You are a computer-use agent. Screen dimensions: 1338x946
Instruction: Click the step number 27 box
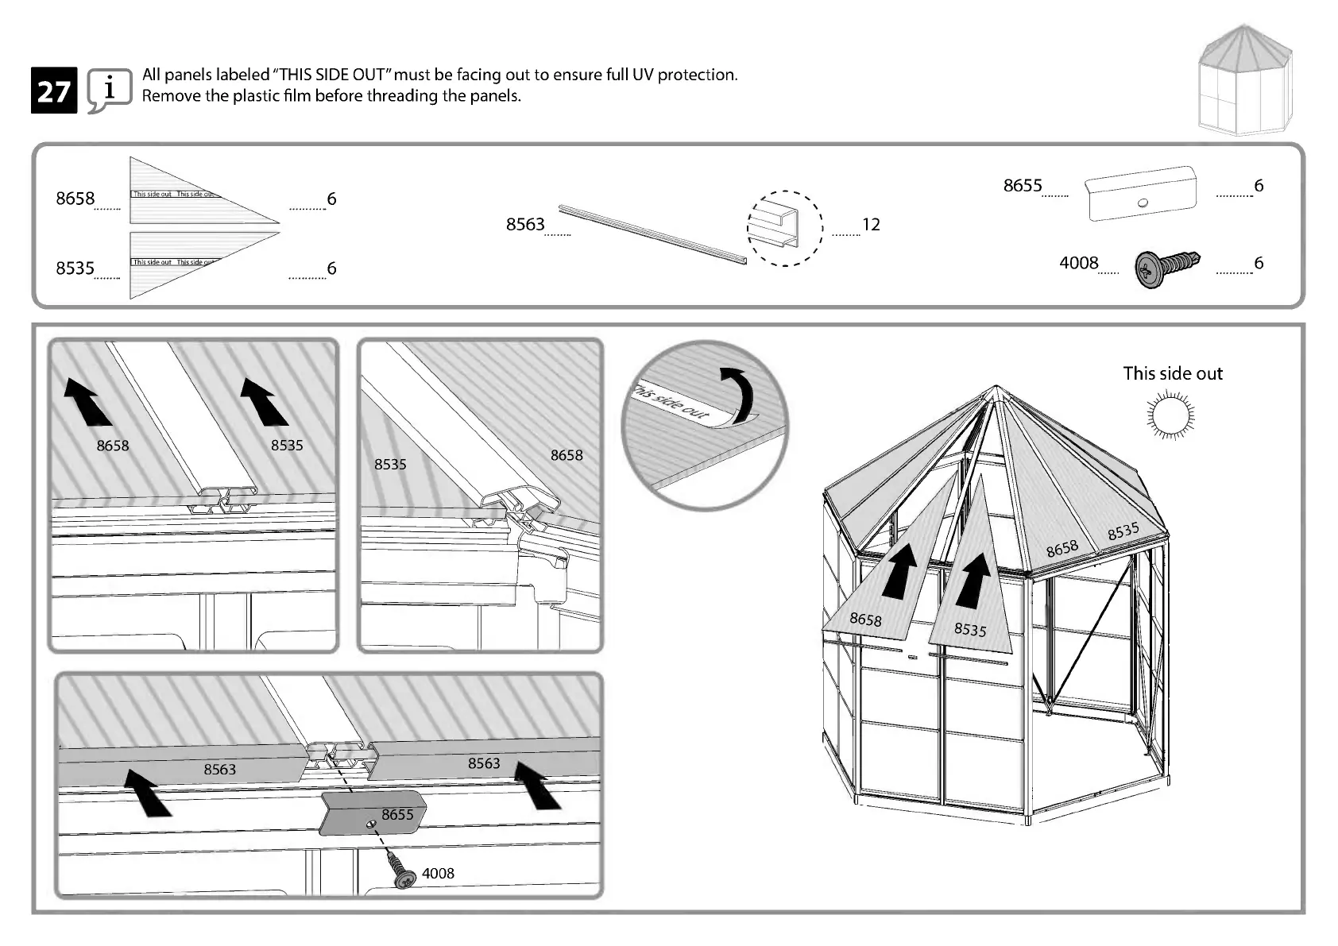tap(54, 91)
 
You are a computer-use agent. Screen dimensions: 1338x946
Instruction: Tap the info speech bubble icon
tap(109, 90)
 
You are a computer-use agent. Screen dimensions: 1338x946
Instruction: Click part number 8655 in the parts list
tap(1022, 186)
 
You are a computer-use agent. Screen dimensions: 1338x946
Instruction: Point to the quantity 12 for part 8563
tap(871, 225)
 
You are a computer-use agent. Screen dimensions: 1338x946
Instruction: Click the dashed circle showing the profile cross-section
tap(784, 228)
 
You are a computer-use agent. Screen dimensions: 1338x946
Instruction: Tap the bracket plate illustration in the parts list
tap(1141, 194)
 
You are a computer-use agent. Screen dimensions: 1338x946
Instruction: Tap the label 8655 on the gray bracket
tap(397, 815)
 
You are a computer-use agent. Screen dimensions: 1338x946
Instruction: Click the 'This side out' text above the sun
tap(1172, 373)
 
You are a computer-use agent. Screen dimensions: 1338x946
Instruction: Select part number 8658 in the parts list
tap(75, 199)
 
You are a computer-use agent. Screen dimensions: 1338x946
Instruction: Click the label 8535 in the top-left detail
tap(287, 446)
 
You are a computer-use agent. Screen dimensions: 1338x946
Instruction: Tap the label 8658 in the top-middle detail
tap(567, 455)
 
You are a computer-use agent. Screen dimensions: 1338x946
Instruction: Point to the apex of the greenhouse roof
tap(996, 388)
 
